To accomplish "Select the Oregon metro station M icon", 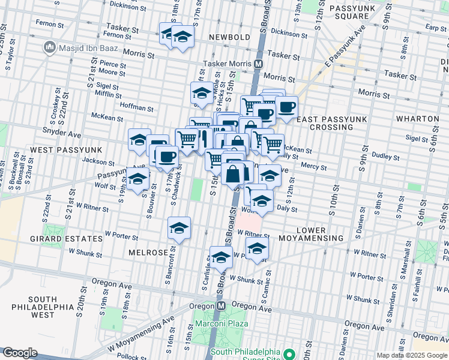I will [x=221, y=305].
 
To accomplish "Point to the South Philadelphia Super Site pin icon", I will [x=289, y=353].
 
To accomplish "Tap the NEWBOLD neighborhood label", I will [x=229, y=37].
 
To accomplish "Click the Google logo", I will [x=19, y=352].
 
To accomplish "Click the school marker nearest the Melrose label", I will [x=179, y=229].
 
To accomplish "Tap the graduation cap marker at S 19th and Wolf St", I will [x=137, y=179].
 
